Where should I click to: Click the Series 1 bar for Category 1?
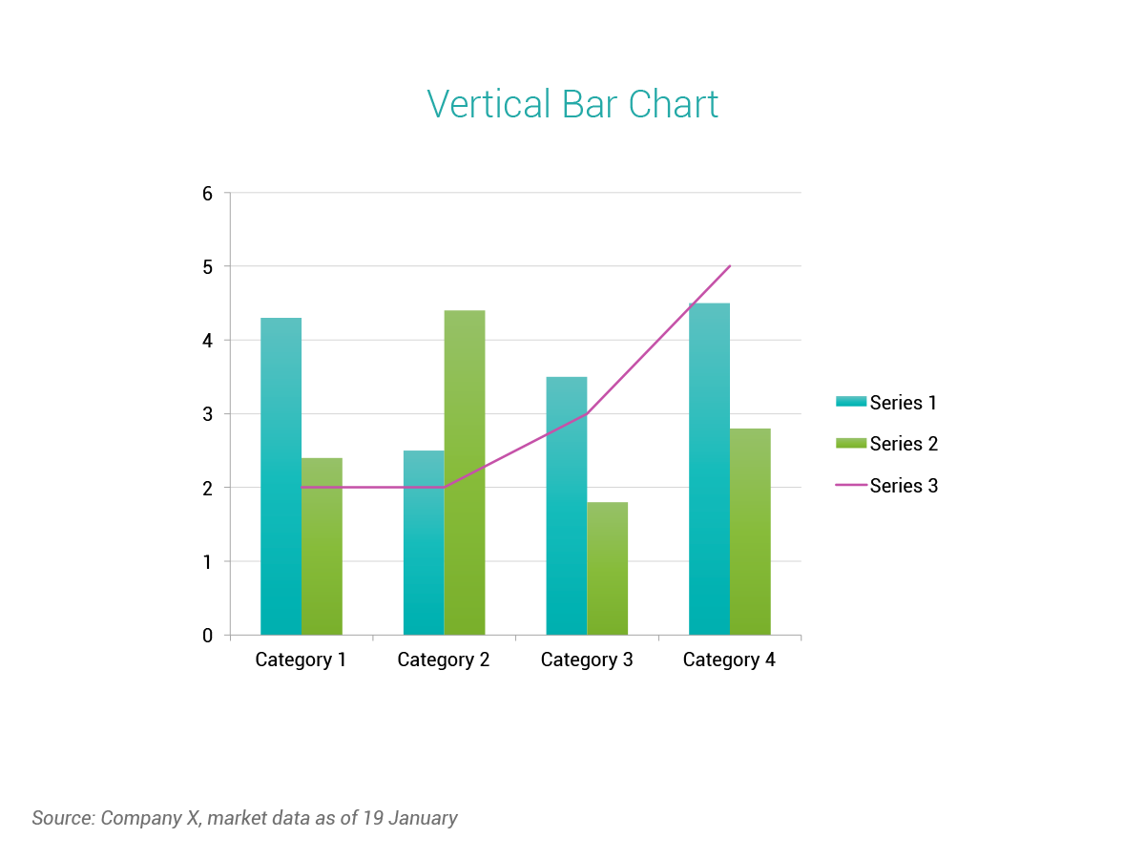281,477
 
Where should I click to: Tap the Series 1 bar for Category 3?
566,506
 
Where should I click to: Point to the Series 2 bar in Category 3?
607,569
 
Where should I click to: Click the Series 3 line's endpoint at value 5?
730,266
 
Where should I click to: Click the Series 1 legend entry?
886,403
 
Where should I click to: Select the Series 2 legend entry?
886,444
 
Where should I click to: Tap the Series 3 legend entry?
886,486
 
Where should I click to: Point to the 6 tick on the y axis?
207,193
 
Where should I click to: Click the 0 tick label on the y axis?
207,636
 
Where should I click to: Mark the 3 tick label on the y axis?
207,414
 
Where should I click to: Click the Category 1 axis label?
301,660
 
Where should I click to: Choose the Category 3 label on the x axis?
587,660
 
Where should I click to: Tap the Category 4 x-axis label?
729,660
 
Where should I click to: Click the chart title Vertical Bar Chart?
572,104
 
